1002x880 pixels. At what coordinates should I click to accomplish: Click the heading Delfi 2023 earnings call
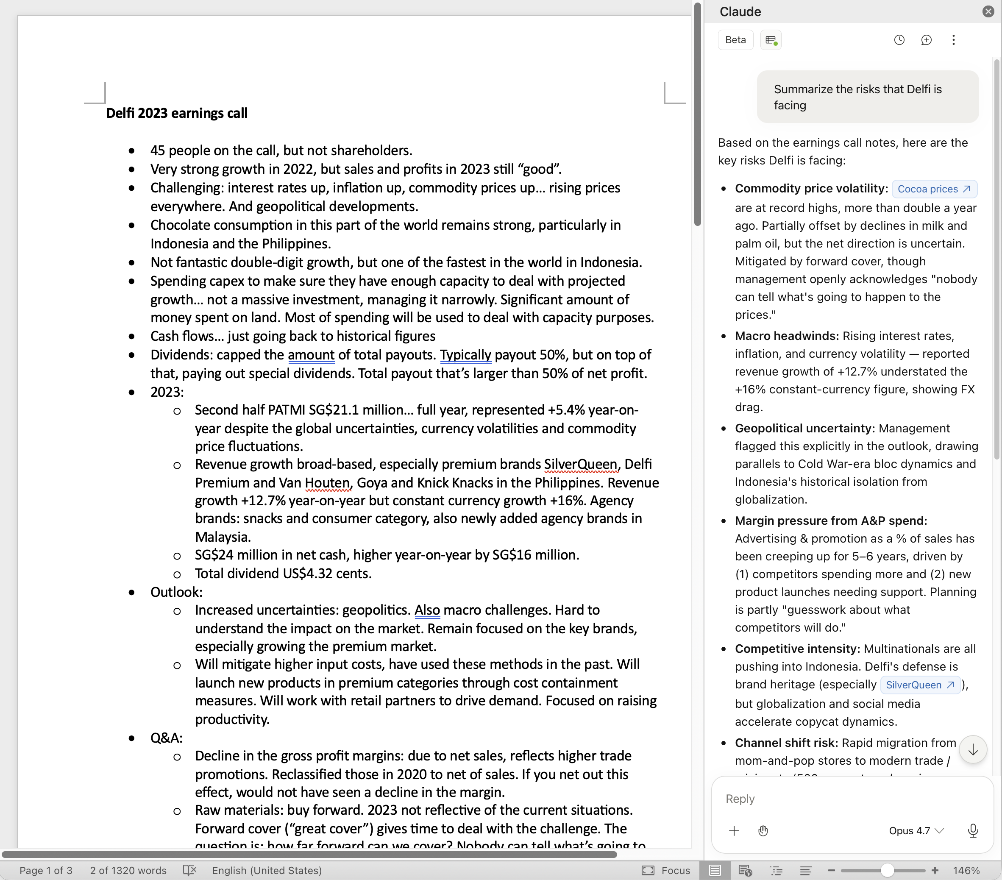click(176, 113)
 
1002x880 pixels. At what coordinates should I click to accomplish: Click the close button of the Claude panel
click(988, 11)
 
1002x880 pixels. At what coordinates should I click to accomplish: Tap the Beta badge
click(735, 40)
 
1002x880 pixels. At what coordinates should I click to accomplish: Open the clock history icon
click(899, 40)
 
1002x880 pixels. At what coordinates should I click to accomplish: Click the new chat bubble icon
click(926, 40)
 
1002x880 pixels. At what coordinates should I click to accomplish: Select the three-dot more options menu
click(953, 40)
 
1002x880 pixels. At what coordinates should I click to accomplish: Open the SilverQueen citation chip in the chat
click(920, 685)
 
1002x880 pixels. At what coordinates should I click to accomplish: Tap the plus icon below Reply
click(734, 830)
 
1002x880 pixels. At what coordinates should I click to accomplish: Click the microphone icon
click(973, 830)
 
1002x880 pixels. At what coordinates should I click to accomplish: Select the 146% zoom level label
click(966, 870)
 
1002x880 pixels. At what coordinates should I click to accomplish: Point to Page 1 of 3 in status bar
click(46, 870)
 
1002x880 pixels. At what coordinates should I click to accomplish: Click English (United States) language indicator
click(267, 870)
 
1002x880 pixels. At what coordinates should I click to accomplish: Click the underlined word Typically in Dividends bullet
click(465, 354)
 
